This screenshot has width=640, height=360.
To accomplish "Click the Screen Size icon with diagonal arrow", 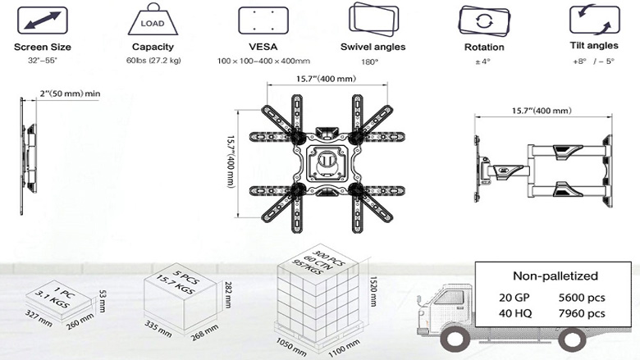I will click(43, 19).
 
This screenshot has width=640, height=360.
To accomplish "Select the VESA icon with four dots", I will click(262, 19).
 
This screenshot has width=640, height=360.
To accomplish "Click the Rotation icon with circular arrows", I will click(483, 19).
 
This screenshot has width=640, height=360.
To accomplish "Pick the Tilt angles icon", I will click(593, 19).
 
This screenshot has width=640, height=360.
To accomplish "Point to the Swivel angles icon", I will click(373, 18).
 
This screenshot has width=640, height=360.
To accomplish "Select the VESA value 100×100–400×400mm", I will click(263, 62).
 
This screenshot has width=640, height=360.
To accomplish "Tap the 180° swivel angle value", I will click(373, 62).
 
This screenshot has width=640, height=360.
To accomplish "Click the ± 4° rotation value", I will click(483, 62).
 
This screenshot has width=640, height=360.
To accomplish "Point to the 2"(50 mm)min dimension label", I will click(68, 94).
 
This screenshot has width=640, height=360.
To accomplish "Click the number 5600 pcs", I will click(582, 297).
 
